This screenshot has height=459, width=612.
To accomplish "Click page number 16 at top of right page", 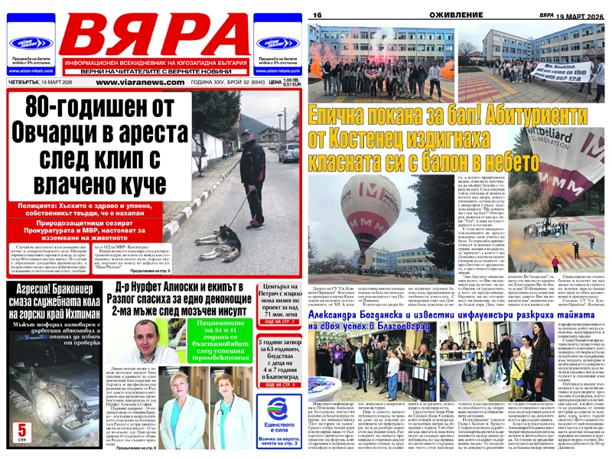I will tap(315, 15).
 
